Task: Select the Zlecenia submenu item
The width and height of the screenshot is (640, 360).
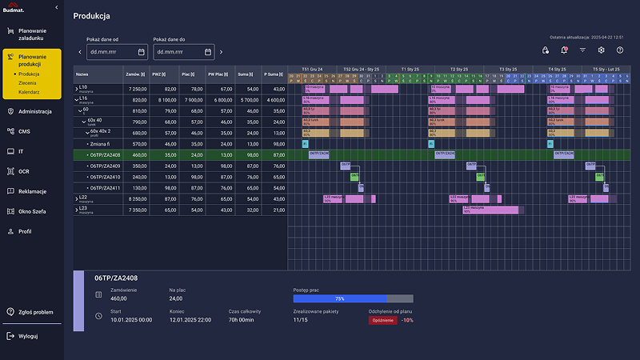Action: (x=27, y=82)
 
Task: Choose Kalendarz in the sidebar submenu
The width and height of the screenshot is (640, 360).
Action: (x=29, y=92)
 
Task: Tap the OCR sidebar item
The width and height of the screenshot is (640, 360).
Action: (x=24, y=171)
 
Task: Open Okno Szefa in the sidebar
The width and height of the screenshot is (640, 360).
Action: (x=33, y=211)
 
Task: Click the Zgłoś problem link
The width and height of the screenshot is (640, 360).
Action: (x=35, y=312)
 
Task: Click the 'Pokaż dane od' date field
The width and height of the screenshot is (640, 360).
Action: (x=117, y=52)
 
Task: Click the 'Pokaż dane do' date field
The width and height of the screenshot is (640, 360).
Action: (x=184, y=52)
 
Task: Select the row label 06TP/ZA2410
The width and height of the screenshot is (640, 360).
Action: (x=105, y=177)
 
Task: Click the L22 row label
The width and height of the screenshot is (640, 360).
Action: (x=83, y=197)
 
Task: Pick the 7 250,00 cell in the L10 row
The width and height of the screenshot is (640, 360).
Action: (x=138, y=89)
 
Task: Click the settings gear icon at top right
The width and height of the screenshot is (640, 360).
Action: (x=601, y=50)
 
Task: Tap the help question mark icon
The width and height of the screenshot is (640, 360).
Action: (x=619, y=50)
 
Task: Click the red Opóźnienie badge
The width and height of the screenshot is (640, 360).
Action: (x=382, y=319)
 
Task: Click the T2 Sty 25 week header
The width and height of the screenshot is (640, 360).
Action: (x=460, y=69)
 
